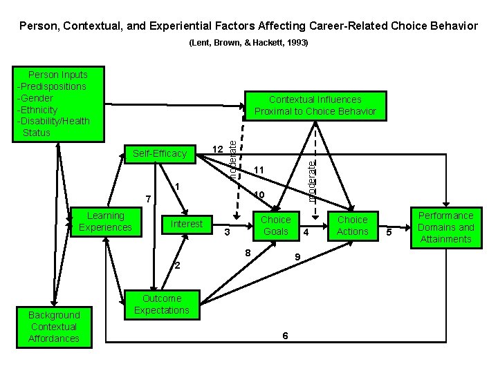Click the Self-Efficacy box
click(160, 153)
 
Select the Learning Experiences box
click(105, 222)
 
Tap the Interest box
click(186, 224)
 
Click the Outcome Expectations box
click(161, 305)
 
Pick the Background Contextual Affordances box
click(54, 327)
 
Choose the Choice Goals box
click(275, 225)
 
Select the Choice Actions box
click(352, 225)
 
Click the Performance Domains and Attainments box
click(445, 227)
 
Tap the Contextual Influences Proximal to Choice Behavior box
click(315, 105)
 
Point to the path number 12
click(216, 149)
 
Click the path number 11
click(259, 170)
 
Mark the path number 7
click(147, 200)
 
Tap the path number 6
click(286, 335)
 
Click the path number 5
click(389, 233)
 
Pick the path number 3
click(227, 233)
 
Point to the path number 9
click(296, 257)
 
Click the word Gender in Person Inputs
click(39, 98)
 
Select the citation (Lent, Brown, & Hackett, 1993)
click(248, 43)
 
